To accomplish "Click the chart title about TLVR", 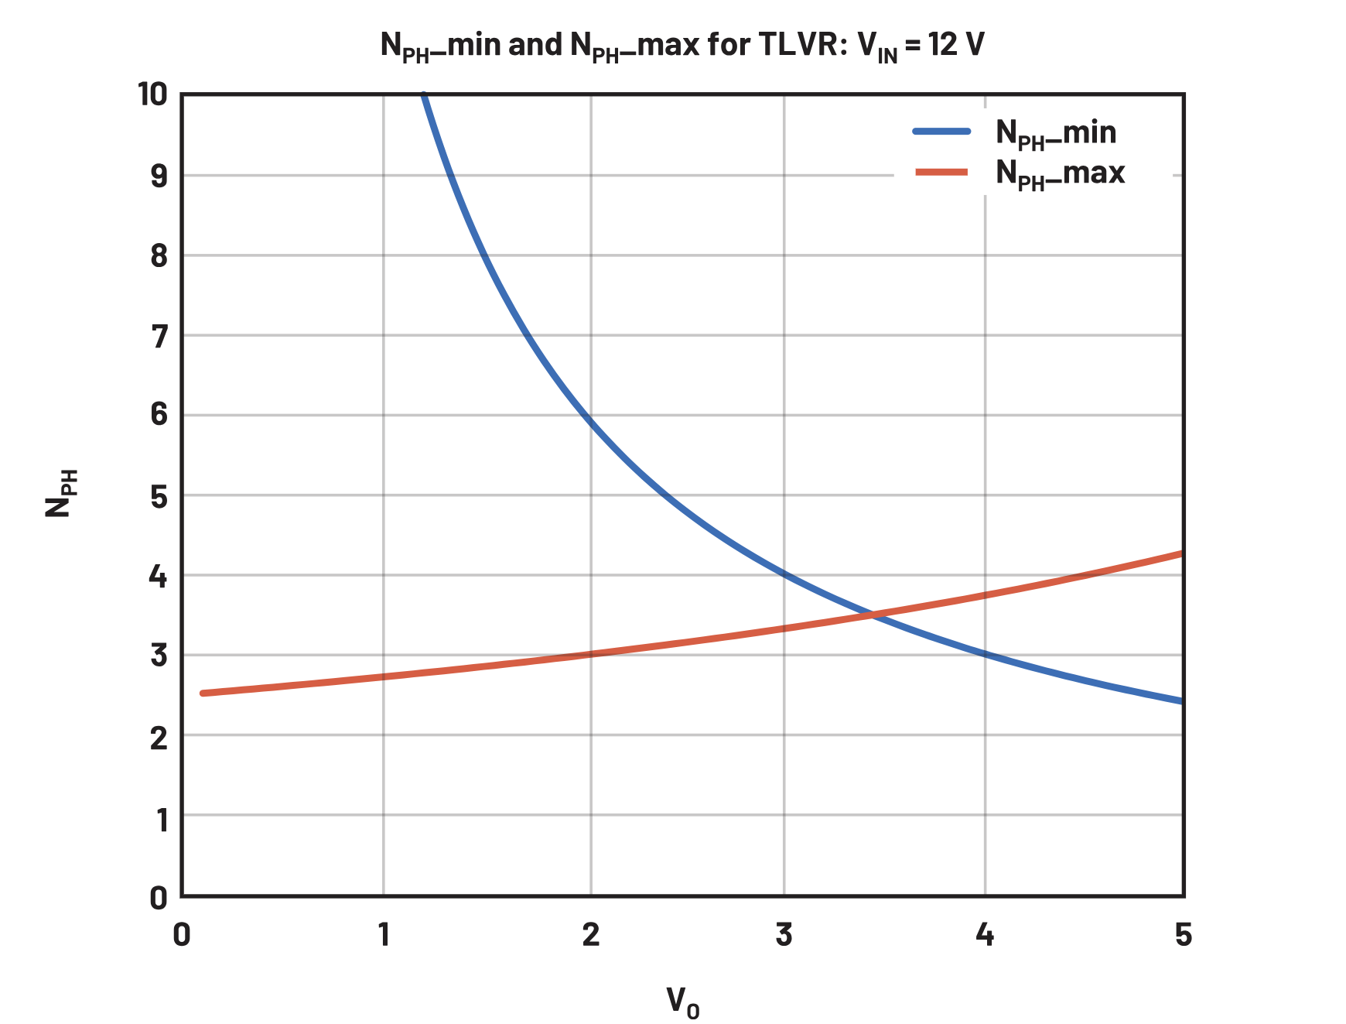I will [682, 46].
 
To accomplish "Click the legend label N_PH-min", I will [1055, 133].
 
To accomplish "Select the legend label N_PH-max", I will [1060, 173].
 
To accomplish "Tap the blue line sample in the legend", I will [941, 132].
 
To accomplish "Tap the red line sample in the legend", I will [941, 172].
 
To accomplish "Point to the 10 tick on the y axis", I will [152, 94].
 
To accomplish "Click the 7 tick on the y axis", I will [159, 337].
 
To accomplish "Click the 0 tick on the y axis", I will [159, 898].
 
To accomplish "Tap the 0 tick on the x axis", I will [182, 935].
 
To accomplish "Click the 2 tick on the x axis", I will [591, 935].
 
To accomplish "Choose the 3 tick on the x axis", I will [784, 935].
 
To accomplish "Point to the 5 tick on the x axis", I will [1184, 935].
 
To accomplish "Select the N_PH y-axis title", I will [60, 494].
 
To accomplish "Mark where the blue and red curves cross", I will [873, 615].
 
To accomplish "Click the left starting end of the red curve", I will [203, 693].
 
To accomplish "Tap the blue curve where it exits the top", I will [423, 95].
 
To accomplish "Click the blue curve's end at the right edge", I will [1181, 701].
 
